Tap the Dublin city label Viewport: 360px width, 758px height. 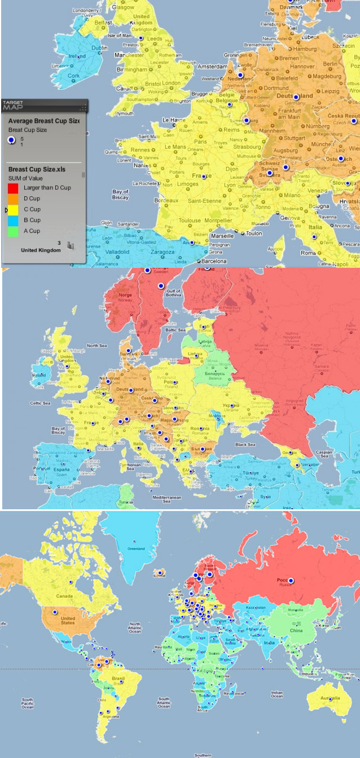tap(99, 48)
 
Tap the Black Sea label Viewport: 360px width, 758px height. tap(245, 444)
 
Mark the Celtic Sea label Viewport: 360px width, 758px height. tap(41, 403)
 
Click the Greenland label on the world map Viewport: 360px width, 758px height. tap(136, 548)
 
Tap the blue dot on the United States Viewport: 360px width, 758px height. tap(55, 612)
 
